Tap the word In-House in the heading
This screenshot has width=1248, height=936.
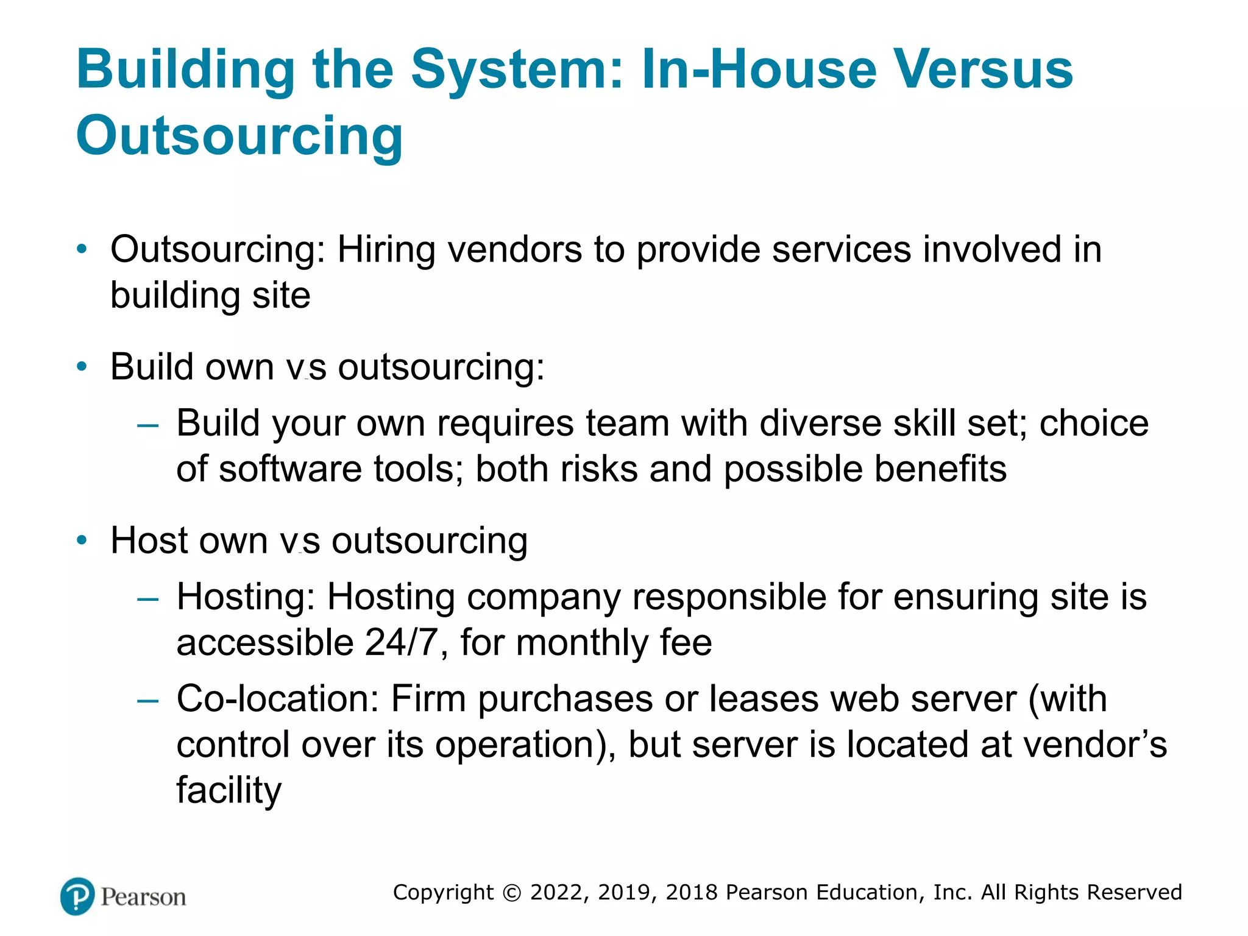759,69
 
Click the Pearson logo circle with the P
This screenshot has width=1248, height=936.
78,896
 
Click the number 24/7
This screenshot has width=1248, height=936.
402,642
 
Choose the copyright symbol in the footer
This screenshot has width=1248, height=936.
512,893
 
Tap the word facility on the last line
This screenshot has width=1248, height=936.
229,791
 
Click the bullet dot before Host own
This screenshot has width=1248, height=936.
82,541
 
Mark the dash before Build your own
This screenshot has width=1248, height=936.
148,425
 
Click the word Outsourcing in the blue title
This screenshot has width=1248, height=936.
239,135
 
